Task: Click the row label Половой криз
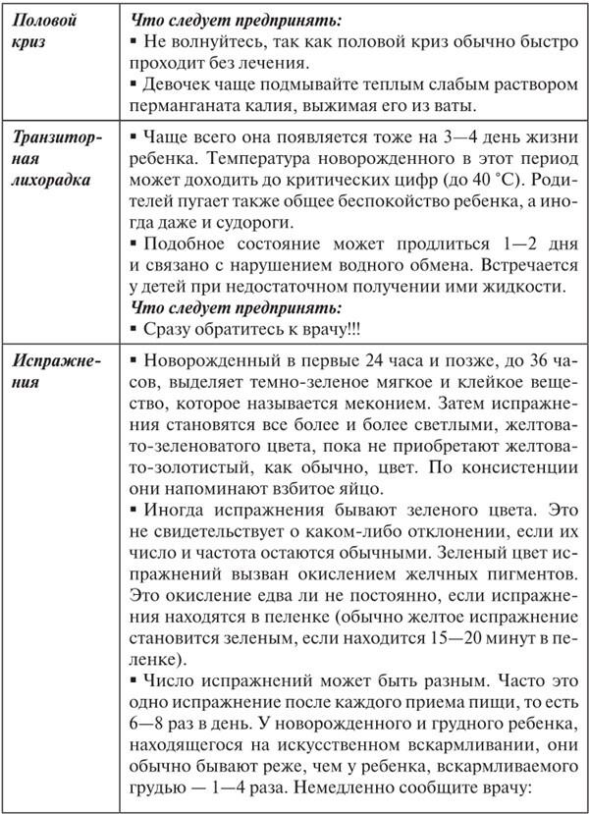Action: pyautogui.click(x=44, y=28)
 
